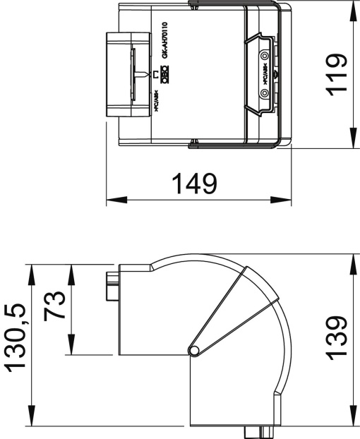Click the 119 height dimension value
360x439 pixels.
point(337,74)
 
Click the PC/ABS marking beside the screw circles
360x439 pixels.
point(265,73)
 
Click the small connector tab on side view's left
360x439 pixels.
point(112,286)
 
